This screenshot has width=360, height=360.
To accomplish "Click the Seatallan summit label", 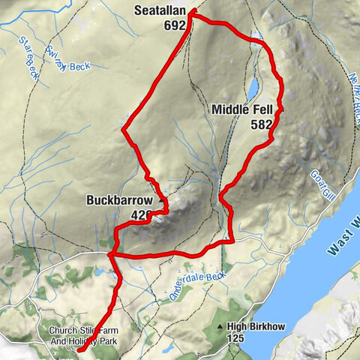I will [161, 11].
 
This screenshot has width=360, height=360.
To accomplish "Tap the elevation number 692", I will [174, 25].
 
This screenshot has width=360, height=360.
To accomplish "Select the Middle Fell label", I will [241, 110].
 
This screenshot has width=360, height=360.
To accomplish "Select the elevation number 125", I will [236, 339].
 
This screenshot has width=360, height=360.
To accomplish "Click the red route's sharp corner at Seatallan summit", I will [192, 12].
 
